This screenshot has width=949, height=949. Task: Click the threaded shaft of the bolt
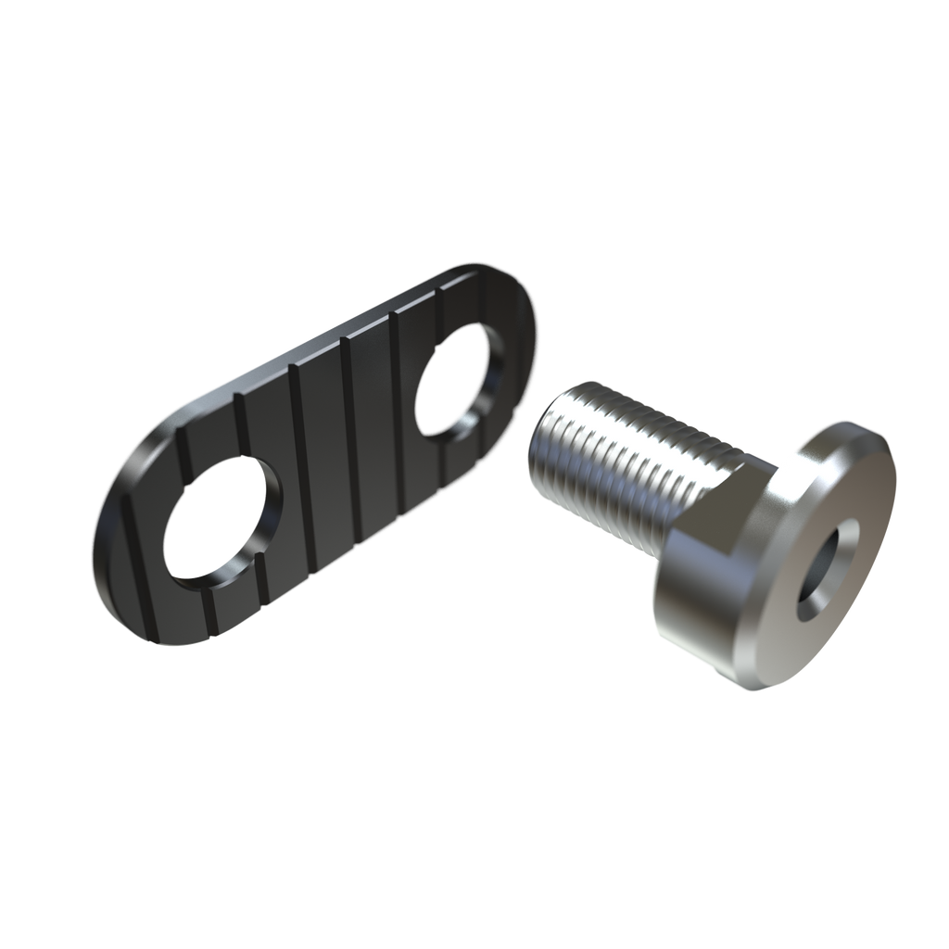click(612, 445)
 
